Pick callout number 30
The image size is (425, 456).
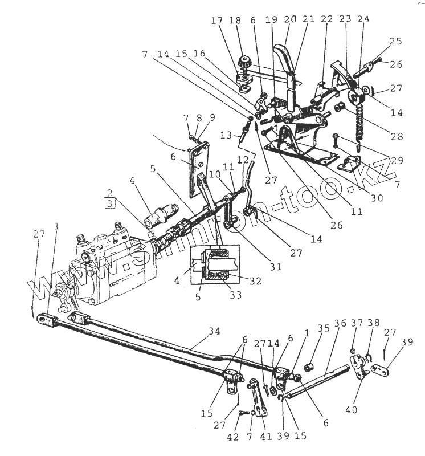[376, 197]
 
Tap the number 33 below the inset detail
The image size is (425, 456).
[235, 295]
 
